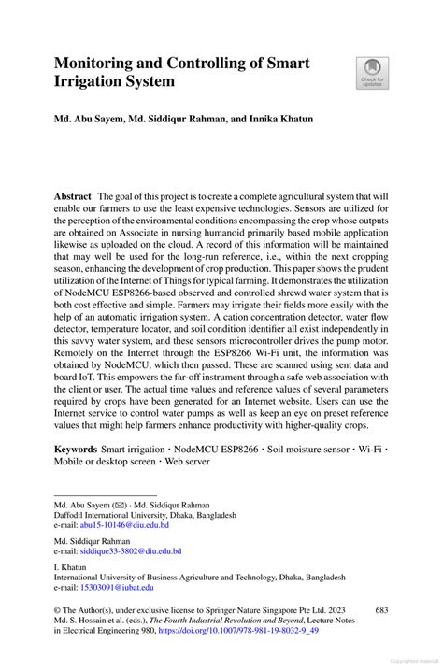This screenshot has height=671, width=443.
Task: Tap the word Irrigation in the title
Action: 92,82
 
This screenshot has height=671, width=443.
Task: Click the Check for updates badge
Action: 373,72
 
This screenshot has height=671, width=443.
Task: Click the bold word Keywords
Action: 78,450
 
